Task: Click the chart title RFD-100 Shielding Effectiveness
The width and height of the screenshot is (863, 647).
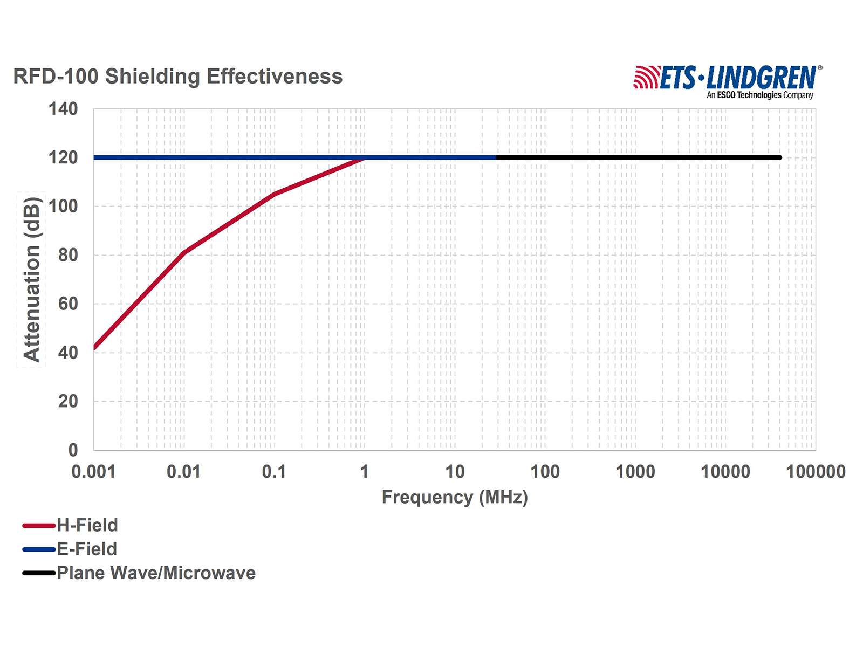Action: click(177, 77)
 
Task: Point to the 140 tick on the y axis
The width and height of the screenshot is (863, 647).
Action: click(63, 109)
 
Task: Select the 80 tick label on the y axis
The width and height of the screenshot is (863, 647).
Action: click(68, 255)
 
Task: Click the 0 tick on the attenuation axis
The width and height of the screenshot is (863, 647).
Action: click(73, 450)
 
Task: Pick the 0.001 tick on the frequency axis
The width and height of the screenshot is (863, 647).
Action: click(94, 472)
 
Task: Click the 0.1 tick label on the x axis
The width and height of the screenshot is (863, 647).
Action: click(274, 472)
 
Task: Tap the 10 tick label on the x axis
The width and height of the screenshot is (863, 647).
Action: click(455, 472)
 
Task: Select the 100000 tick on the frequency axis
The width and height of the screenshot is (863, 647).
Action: click(816, 472)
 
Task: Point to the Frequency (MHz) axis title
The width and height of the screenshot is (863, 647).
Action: click(455, 497)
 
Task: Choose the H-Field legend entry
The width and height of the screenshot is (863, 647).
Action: click(70, 525)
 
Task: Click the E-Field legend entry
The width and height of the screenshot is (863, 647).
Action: click(70, 549)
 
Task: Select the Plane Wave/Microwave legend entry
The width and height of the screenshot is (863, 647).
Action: click(139, 573)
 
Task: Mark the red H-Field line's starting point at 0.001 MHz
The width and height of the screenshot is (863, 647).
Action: click(95, 348)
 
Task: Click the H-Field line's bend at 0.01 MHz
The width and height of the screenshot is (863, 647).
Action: click(184, 252)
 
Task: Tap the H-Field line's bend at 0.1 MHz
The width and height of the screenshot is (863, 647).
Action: click(275, 194)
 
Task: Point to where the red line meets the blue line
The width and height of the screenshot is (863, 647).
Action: click(365, 158)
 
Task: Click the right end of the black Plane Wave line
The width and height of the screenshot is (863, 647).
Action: click(779, 157)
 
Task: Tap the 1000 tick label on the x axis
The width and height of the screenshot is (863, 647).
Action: click(635, 472)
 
